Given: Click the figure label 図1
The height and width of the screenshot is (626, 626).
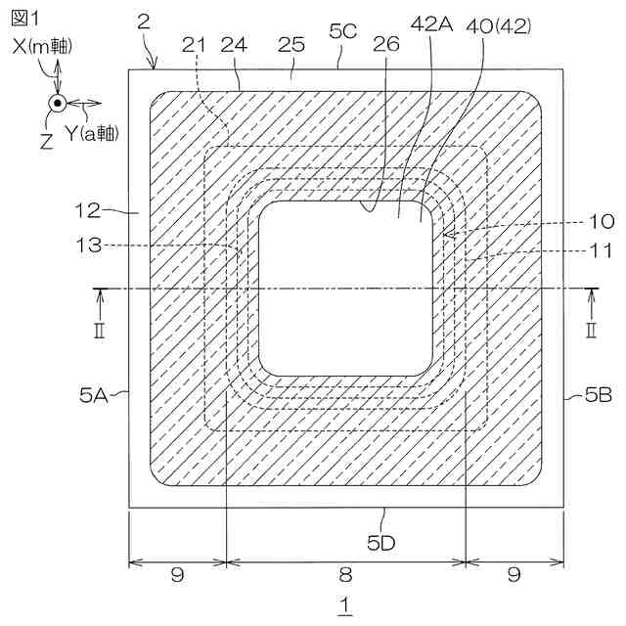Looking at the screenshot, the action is tap(24, 19).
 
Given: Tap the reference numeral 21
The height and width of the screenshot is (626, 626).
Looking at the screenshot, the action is tap(194, 45).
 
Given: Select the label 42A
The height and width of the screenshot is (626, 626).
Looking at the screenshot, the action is tap(432, 24).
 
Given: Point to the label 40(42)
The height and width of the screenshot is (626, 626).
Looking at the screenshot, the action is tap(499, 26).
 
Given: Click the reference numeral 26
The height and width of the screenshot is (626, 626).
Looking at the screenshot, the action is tap(386, 44).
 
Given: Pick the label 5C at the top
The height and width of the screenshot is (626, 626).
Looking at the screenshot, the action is tap(343, 30).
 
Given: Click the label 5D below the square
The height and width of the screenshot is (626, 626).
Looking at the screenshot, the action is tap(381, 543).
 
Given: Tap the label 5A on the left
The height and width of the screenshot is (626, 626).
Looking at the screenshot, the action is tap(94, 395).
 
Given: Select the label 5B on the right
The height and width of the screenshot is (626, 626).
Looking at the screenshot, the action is tap(599, 395).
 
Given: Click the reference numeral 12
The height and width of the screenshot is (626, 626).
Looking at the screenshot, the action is tap(88, 210).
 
